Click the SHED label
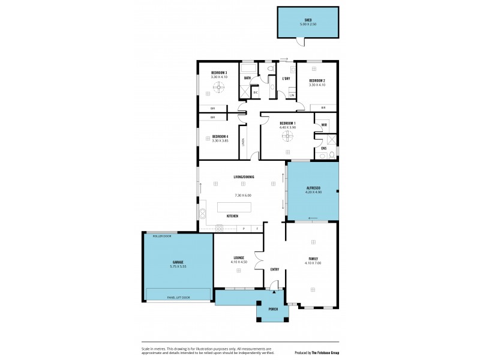[308, 19]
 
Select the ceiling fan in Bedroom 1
[287, 136]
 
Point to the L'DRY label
[286, 79]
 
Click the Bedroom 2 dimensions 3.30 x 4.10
[317, 85]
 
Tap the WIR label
[324, 125]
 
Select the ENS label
[323, 148]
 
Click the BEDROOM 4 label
[220, 136]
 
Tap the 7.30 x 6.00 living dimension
[243, 196]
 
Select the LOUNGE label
[238, 258]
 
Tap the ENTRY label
[275, 269]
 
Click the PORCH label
[273, 309]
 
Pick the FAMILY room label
[313, 259]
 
